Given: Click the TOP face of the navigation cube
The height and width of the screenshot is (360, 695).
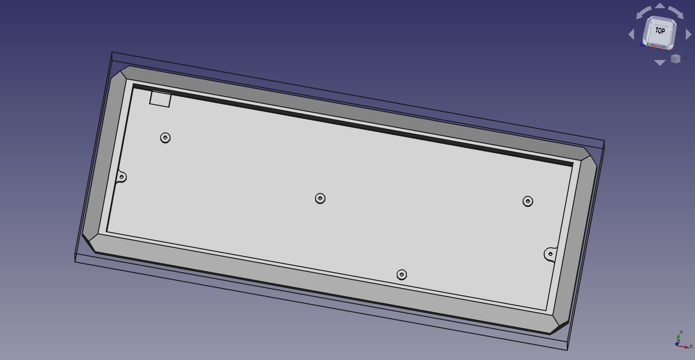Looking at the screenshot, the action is pyautogui.click(x=660, y=31).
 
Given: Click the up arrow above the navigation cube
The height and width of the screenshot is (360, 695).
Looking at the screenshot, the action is pyautogui.click(x=660, y=6).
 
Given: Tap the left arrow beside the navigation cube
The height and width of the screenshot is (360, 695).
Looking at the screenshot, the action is pyautogui.click(x=632, y=35).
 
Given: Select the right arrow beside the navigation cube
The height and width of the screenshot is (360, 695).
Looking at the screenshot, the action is pyautogui.click(x=688, y=35).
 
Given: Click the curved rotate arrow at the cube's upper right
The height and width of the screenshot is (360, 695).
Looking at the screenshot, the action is pyautogui.click(x=676, y=12).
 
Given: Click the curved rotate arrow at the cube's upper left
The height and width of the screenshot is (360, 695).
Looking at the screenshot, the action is pyautogui.click(x=644, y=12).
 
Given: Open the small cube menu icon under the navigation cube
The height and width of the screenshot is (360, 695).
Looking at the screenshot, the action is pyautogui.click(x=675, y=59).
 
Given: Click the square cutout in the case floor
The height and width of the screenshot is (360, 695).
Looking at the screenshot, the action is pyautogui.click(x=160, y=99).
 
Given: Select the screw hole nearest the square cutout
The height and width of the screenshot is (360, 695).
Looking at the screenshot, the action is pyautogui.click(x=165, y=138).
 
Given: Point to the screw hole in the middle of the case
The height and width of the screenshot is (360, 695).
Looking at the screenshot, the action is pyautogui.click(x=320, y=198).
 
